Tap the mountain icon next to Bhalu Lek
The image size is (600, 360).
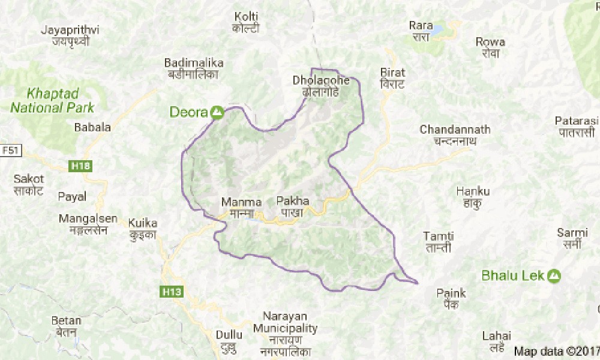pos(554,275)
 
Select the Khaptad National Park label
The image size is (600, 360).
pos(53,101)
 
